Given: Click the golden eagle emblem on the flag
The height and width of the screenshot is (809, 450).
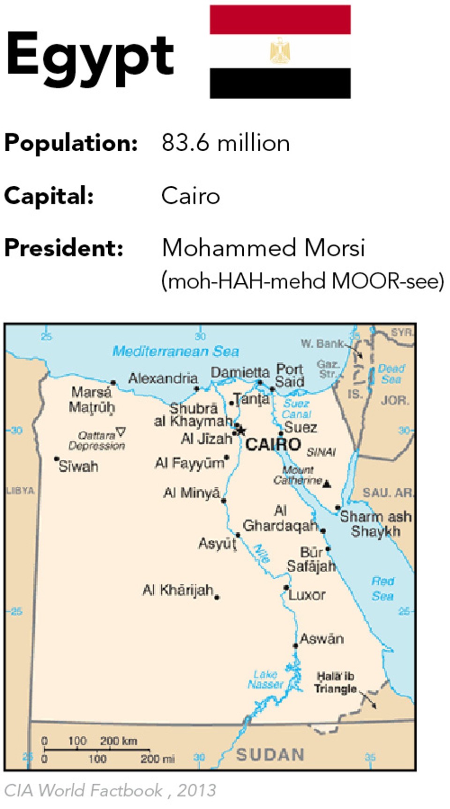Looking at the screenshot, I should (x=280, y=51).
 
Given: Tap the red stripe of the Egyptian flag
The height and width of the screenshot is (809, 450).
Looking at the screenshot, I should (x=280, y=20).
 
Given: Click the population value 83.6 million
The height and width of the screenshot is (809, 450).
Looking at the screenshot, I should (x=225, y=143).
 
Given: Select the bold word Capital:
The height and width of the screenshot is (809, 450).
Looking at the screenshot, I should (x=49, y=196).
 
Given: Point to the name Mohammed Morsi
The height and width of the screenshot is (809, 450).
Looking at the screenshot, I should (x=263, y=248).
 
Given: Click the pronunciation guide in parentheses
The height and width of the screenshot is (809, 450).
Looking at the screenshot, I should (x=302, y=281).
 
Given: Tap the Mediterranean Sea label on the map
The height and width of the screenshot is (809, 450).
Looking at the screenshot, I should (x=175, y=351).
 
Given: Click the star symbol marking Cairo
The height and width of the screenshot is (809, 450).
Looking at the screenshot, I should (x=241, y=430).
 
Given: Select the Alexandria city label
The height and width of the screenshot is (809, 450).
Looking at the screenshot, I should (x=163, y=378).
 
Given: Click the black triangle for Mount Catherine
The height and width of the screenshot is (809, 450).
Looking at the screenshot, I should (x=327, y=484).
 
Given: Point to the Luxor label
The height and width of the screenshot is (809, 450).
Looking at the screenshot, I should (x=307, y=595).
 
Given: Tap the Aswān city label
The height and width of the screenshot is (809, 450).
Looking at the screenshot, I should (x=322, y=639).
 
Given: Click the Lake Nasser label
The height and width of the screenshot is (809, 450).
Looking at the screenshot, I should (x=265, y=679).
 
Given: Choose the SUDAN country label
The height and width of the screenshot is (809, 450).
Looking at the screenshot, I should (x=270, y=755).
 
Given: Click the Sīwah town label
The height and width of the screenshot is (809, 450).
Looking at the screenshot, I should (x=78, y=466).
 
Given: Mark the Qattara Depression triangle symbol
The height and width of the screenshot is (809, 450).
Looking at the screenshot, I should (x=121, y=431).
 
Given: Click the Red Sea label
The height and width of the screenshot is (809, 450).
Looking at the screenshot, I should (x=382, y=588).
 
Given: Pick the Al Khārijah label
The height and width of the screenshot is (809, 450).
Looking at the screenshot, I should (x=178, y=590).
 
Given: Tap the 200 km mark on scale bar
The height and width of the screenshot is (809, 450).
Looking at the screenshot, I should (x=118, y=741).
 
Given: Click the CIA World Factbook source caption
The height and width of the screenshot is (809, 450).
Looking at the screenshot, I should (x=110, y=791).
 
